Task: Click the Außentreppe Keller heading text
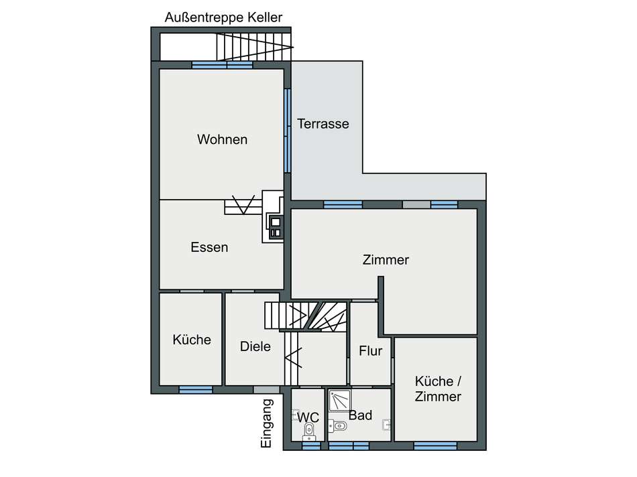(223, 17)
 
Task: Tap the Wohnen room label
(222, 139)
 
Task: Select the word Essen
(209, 247)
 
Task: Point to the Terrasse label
(323, 124)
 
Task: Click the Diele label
(255, 346)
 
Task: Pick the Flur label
(370, 350)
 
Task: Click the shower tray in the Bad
(339, 401)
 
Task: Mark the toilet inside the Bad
(337, 424)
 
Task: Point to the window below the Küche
(196, 389)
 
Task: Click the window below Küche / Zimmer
(435, 445)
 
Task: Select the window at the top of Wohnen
(222, 65)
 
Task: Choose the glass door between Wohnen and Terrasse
(287, 131)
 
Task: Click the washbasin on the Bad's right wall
(387, 424)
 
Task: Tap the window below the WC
(310, 445)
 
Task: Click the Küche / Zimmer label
(438, 389)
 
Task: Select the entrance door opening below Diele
(266, 389)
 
